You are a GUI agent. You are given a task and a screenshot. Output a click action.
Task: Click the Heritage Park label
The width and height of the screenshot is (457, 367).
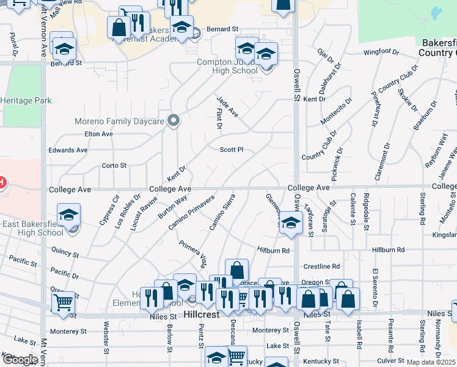[x=26, y=100]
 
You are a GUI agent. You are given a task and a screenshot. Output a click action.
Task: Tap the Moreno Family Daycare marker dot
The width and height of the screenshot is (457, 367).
[x=174, y=120]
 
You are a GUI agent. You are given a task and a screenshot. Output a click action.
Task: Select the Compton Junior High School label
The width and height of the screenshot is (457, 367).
[x=227, y=66]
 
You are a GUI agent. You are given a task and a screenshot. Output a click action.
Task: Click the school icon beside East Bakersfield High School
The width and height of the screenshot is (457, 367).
[x=68, y=215]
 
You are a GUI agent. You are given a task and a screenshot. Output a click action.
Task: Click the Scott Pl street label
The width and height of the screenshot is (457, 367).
[x=232, y=149]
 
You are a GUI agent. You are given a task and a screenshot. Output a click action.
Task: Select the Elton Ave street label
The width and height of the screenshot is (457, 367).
[x=99, y=133]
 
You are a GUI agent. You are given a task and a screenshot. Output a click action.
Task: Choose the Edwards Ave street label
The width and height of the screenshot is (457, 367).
[x=68, y=150]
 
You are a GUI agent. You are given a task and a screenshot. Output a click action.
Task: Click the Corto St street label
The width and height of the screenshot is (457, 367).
[x=114, y=165]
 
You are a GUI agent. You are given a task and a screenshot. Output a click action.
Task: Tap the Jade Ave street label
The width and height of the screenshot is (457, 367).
[x=227, y=106]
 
